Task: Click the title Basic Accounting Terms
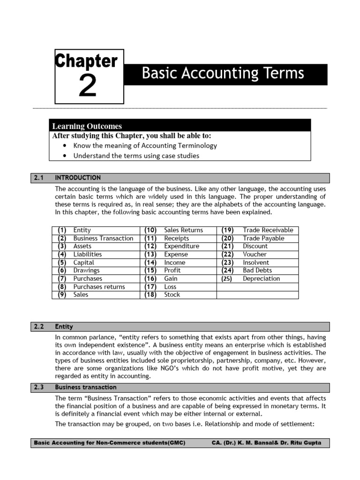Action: [x=223, y=74]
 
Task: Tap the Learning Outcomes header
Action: [x=87, y=126]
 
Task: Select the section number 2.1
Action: [x=38, y=178]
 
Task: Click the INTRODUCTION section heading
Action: [x=78, y=178]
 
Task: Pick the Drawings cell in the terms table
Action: [x=86, y=270]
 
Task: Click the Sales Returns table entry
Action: [x=183, y=230]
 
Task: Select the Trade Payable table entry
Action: [x=263, y=238]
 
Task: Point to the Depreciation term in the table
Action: [x=261, y=278]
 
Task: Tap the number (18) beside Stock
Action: [x=150, y=295]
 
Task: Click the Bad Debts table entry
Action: [x=257, y=270]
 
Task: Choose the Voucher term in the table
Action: [x=255, y=255]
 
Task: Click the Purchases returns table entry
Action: [x=99, y=287]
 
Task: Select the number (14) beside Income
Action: [x=150, y=262]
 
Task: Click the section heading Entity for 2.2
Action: [x=64, y=326]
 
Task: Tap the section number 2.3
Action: [x=38, y=387]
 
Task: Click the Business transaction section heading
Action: [x=86, y=387]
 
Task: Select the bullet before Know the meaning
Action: [x=64, y=145]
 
